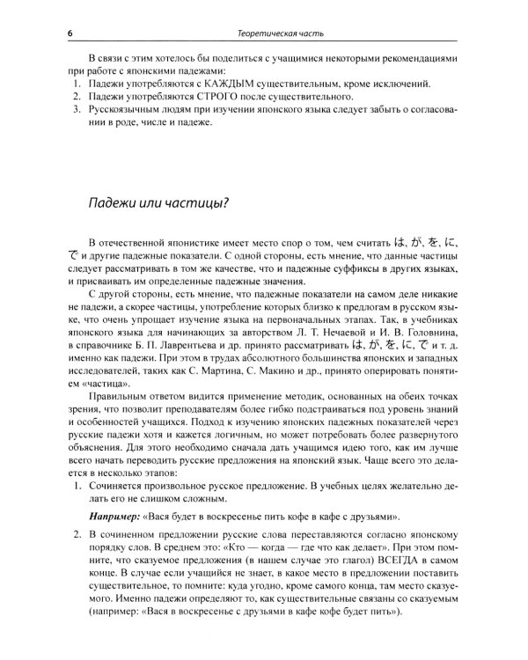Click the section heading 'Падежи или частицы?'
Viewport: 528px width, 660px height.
[x=160, y=204]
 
